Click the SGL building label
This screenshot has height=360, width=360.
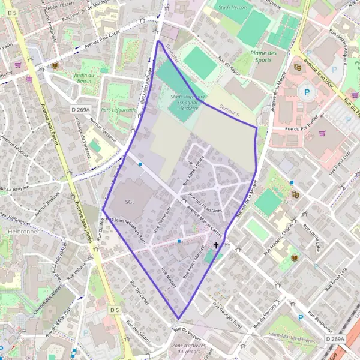[130, 202]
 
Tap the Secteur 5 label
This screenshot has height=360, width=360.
[229, 112]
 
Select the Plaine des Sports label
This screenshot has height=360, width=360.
[263, 56]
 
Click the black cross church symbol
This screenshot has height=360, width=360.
[216, 245]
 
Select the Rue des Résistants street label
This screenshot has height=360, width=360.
[205, 203]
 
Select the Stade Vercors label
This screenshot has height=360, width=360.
[233, 7]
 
